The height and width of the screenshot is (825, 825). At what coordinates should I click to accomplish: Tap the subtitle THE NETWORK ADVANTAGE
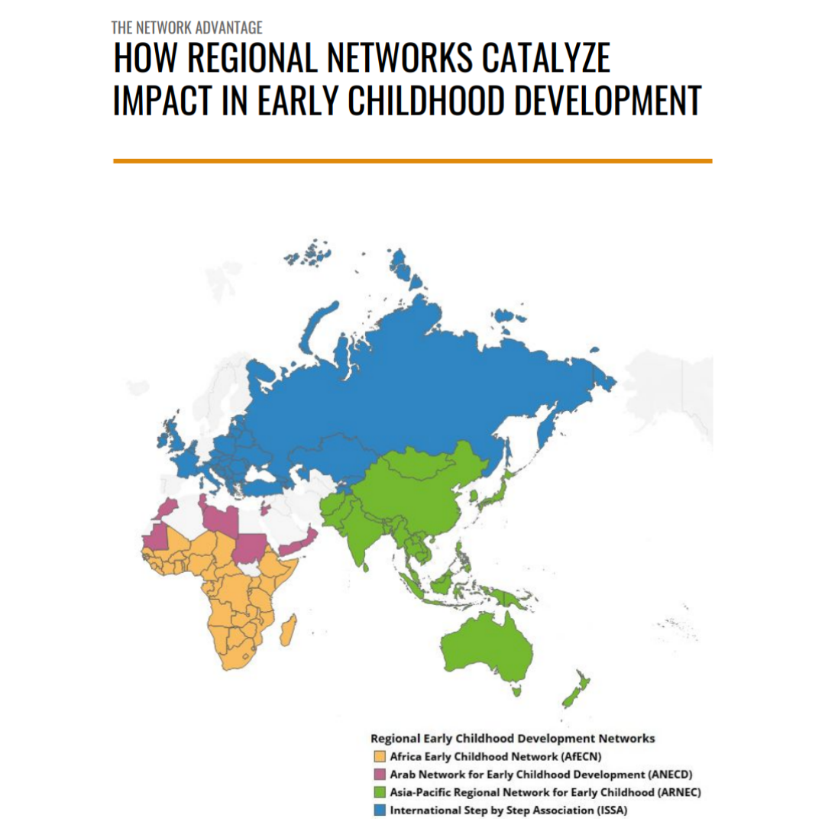coord(187,28)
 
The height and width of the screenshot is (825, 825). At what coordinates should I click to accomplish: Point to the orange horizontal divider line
coord(412,161)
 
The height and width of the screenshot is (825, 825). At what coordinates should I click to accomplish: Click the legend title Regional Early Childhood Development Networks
coord(512,739)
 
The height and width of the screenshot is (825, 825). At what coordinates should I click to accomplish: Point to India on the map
coord(356,535)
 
